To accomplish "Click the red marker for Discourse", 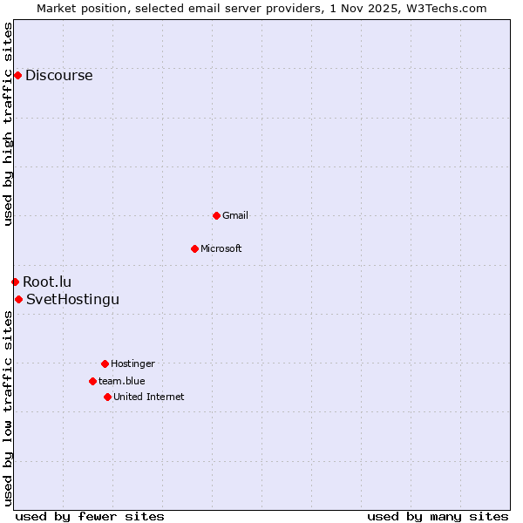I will (x=17, y=75).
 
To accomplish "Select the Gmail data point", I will (x=216, y=215).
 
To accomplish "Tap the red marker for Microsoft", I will (x=194, y=248).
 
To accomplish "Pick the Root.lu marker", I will (x=15, y=282).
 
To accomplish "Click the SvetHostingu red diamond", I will (x=18, y=299).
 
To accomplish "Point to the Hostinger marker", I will (x=105, y=363).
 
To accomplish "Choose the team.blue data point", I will (x=92, y=381).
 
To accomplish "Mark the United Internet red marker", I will (x=107, y=397).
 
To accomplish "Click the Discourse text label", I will (x=58, y=75).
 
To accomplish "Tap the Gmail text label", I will (x=234, y=215).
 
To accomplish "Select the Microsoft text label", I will (x=221, y=248).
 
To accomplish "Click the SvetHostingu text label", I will (x=72, y=299).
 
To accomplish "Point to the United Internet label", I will (x=148, y=397).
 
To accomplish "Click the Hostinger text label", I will (x=132, y=363).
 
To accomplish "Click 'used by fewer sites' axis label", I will (x=90, y=516).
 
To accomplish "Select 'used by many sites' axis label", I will (x=438, y=516).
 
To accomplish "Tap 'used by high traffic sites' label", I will (x=8, y=124).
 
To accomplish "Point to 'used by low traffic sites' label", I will (x=8, y=408).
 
